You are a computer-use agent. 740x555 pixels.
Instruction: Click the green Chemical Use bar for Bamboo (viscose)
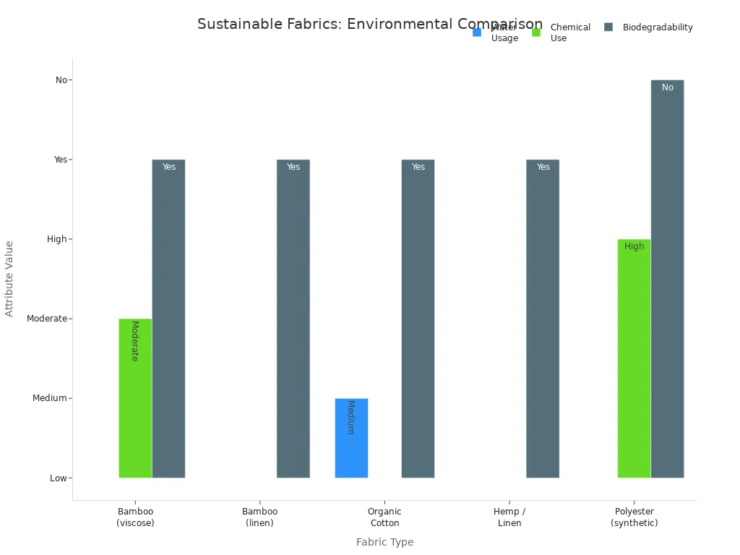point(135,398)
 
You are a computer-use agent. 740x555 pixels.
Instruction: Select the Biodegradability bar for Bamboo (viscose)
point(168,319)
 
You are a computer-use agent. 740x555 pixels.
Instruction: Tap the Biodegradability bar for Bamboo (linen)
point(293,319)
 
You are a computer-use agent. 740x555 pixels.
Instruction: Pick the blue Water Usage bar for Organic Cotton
point(351,438)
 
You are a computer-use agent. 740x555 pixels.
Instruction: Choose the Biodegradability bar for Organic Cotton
point(418,319)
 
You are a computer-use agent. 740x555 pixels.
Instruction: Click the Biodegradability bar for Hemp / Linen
point(543,319)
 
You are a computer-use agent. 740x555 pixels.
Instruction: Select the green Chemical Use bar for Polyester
point(634,358)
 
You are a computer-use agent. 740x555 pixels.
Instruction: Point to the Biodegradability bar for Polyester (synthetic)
point(667,279)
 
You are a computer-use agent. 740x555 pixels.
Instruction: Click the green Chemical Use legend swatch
point(536,32)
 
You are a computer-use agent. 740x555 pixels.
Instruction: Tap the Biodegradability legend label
point(658,27)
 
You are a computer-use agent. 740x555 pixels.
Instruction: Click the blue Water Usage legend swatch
point(477,32)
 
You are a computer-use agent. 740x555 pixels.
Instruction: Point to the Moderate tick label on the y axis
point(46,319)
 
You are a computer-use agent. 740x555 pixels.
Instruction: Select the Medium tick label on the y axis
point(49,398)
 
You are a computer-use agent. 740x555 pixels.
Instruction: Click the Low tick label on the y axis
point(59,478)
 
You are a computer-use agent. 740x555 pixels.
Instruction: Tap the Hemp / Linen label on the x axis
point(509,517)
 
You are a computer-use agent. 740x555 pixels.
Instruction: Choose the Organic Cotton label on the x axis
point(384,517)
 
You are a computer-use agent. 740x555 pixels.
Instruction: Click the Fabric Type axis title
point(384,542)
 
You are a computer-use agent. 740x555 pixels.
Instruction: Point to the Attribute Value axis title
point(9,278)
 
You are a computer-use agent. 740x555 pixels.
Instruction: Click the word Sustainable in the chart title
point(234,24)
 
